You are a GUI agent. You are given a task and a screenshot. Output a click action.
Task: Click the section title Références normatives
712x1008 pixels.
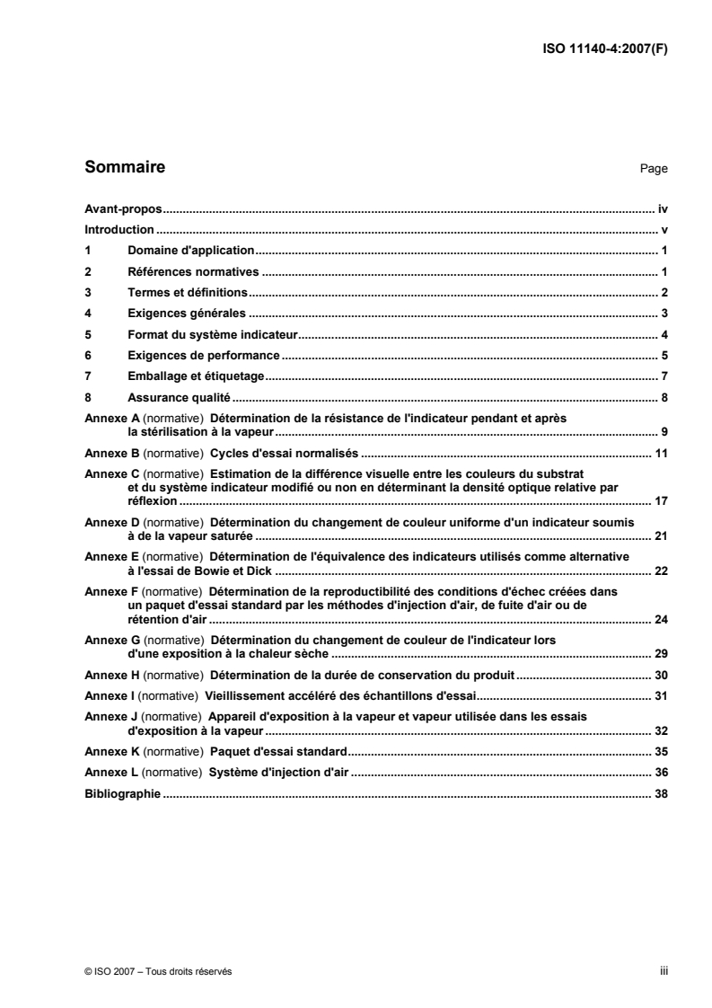tap(194, 271)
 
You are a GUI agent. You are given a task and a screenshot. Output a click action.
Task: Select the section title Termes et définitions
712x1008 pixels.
tap(188, 293)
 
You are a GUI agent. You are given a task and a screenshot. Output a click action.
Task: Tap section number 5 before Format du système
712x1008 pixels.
tap(87, 334)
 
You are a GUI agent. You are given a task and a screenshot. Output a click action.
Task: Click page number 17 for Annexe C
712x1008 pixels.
tap(661, 501)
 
